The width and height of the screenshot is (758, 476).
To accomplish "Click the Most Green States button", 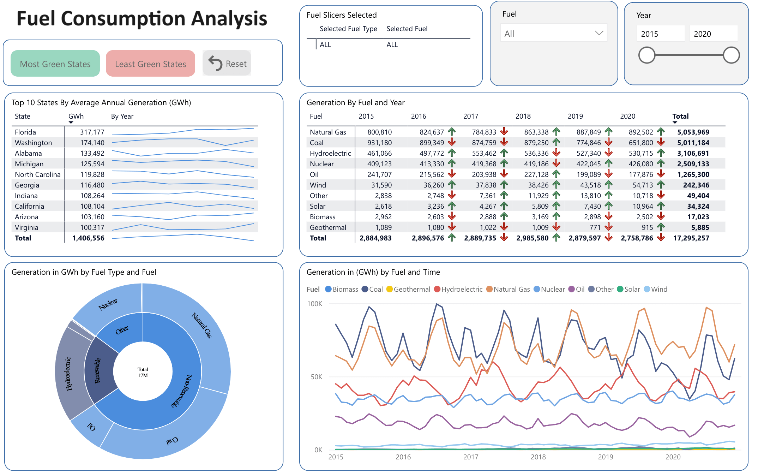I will click(55, 64).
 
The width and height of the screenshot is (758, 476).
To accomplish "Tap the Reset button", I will click(227, 64).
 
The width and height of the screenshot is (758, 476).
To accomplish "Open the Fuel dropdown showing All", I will click(553, 34).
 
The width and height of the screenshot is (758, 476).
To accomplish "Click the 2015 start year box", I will click(660, 34).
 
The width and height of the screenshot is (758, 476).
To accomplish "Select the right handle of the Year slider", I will click(731, 55).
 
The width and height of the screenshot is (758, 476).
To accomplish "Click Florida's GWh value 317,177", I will click(92, 132).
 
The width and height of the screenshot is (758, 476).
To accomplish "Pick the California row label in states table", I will click(30, 206).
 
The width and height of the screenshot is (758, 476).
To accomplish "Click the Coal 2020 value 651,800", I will click(640, 143).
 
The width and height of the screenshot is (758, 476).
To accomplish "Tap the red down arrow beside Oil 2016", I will click(452, 174).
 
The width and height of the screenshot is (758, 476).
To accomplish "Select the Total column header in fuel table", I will click(680, 116).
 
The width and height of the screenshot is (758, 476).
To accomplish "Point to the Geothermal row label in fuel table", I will click(328, 227).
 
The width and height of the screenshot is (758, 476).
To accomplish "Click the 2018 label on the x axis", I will click(538, 457).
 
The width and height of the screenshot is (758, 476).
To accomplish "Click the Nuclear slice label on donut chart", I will click(108, 304).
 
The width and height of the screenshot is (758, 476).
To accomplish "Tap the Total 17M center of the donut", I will click(143, 372).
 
